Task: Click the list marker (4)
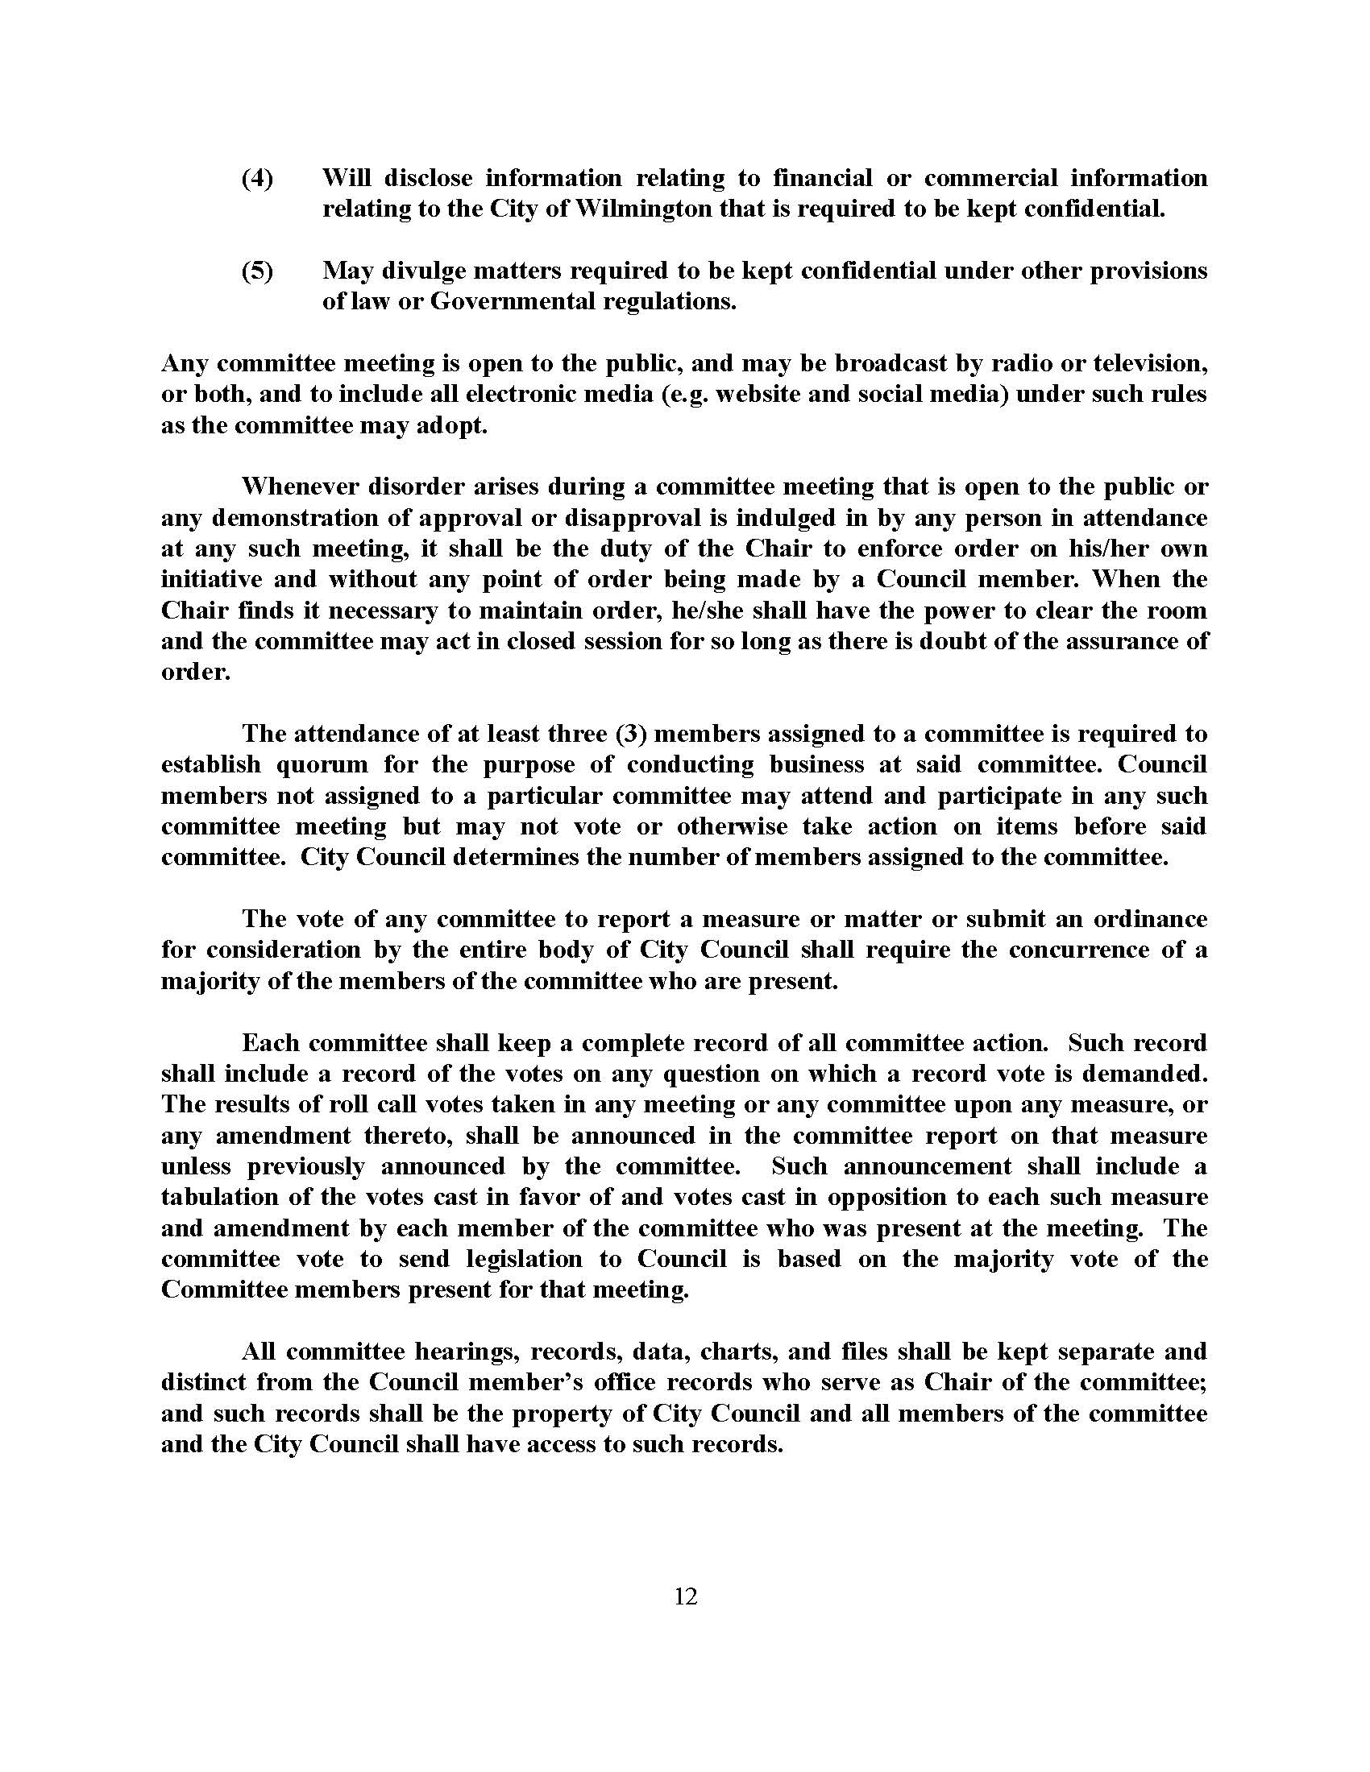click(258, 179)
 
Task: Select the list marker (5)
click(258, 271)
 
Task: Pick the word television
click(1149, 363)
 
